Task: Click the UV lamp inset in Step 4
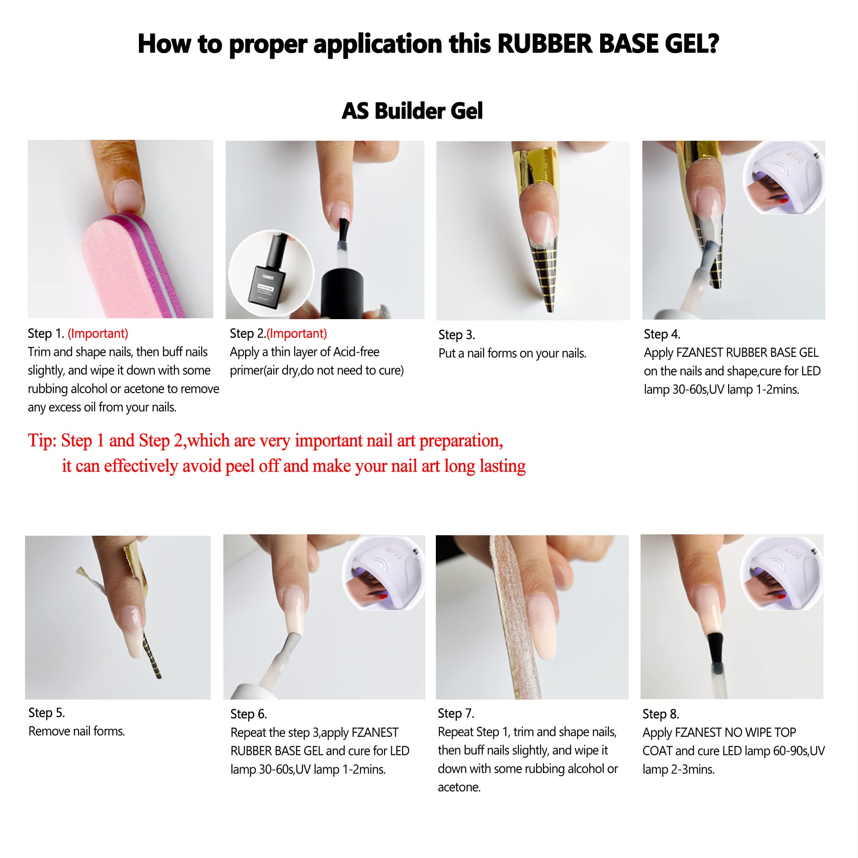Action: (x=784, y=178)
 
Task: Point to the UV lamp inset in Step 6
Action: (x=384, y=572)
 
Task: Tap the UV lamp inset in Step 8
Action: (x=781, y=572)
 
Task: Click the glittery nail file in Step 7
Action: (x=518, y=617)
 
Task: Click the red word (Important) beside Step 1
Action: (x=98, y=334)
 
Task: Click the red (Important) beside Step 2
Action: (x=296, y=334)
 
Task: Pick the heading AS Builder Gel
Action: (x=412, y=111)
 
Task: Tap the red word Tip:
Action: (x=42, y=441)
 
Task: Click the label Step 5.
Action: (x=47, y=713)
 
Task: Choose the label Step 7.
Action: (x=456, y=713)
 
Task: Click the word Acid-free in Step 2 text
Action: (x=356, y=352)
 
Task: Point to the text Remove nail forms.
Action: (x=77, y=731)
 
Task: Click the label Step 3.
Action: (x=457, y=335)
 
